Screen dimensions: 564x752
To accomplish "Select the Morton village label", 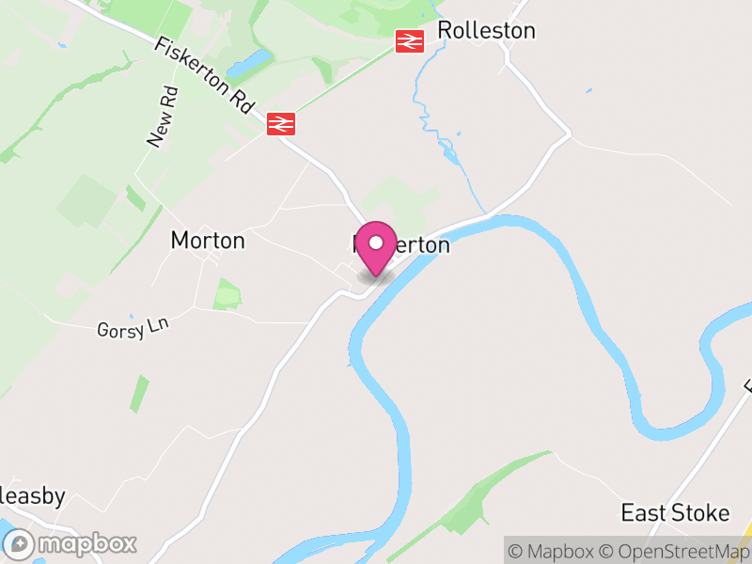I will tap(208, 241).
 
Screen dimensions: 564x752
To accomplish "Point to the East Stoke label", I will tap(675, 513).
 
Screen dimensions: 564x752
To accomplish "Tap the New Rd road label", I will tap(162, 117).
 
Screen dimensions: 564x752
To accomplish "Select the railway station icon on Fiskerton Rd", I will tap(281, 123).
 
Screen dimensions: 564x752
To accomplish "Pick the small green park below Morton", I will tap(227, 294).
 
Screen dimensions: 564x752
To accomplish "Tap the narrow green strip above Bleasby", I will tap(139, 393).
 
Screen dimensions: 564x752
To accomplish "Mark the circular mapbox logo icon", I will tap(20, 543).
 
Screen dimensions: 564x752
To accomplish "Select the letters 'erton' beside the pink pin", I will tap(422, 245).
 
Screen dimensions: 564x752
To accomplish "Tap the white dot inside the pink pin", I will tap(376, 242).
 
